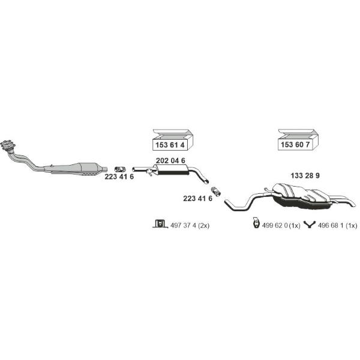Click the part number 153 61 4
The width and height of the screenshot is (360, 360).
click(170, 145)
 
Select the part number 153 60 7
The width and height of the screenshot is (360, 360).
click(295, 145)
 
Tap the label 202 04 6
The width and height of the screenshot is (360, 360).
click(170, 161)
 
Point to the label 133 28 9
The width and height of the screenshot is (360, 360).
click(305, 176)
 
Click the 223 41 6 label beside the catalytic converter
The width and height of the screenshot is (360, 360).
click(119, 176)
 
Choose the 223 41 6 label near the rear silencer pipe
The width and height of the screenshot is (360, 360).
click(197, 199)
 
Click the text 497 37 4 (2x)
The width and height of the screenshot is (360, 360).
click(190, 226)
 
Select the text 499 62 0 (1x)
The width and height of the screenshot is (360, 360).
click(281, 226)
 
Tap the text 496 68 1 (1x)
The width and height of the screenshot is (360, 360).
click(337, 226)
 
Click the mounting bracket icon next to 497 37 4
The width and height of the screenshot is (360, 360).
click(160, 224)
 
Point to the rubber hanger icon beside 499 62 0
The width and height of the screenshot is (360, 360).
click(256, 223)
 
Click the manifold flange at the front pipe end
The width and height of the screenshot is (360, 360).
click(8, 145)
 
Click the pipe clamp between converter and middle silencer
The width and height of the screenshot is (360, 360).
click(120, 169)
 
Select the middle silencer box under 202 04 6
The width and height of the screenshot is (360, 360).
click(171, 169)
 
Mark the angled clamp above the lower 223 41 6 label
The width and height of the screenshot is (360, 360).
click(215, 191)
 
